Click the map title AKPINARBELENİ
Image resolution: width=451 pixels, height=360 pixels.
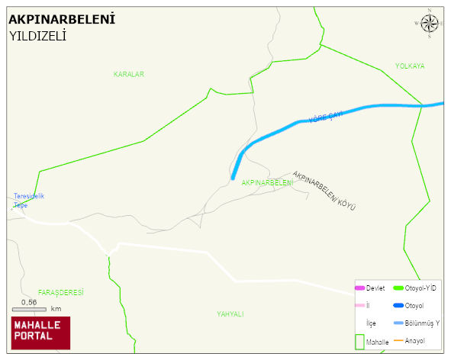[62, 19]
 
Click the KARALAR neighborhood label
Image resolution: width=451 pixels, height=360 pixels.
[129, 74]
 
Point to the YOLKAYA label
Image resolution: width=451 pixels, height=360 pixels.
[410, 66]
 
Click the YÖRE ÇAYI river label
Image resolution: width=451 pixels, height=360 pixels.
[326, 117]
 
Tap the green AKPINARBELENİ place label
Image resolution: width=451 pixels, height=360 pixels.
[267, 183]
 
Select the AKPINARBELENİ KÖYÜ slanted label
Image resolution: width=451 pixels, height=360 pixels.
[324, 191]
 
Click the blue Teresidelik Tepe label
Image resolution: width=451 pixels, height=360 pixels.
[28, 201]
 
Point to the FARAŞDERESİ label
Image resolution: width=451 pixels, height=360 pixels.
[60, 293]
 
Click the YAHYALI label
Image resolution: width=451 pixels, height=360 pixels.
[230, 313]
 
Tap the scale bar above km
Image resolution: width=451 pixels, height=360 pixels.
[29, 309]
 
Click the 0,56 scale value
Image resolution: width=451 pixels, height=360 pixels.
[29, 302]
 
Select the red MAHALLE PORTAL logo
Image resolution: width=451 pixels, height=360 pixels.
[40, 333]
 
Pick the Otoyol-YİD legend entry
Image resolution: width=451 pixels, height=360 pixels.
[415, 288]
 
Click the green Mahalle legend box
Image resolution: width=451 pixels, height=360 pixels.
[359, 342]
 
